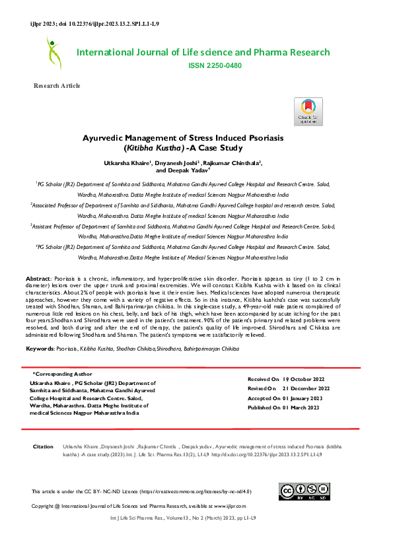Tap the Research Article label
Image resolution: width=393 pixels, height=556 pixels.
pyautogui.click(x=57, y=86)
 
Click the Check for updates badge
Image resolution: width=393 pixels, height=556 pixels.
pyautogui.click(x=308, y=112)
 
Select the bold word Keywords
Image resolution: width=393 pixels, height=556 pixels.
pyautogui.click(x=39, y=347)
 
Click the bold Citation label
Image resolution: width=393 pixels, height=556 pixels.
pyautogui.click(x=43, y=447)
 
